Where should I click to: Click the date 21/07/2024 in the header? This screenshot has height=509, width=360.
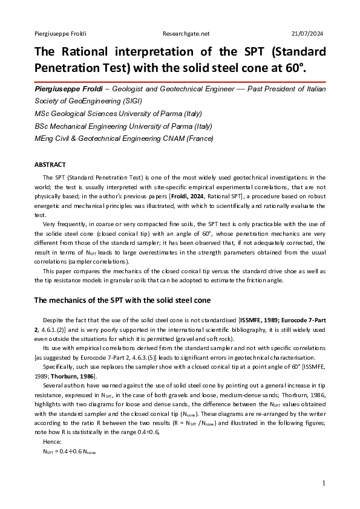click(x=307, y=33)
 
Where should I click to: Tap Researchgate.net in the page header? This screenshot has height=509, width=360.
click(x=186, y=33)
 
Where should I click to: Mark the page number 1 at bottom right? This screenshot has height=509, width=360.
click(x=324, y=484)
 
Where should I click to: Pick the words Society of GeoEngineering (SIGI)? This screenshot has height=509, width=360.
click(x=87, y=100)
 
